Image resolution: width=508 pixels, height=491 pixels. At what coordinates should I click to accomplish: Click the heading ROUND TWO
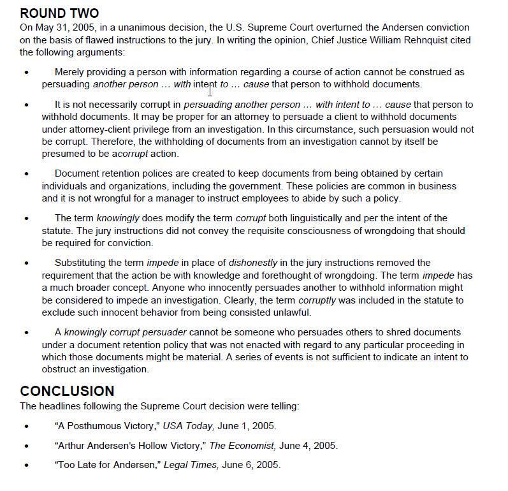click(59, 13)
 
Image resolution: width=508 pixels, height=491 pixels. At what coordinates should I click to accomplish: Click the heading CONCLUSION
click(67, 391)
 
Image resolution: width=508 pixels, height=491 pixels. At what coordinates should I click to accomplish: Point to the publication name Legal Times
click(191, 465)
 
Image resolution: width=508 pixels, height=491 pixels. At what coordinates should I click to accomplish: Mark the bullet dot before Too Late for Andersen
click(26, 465)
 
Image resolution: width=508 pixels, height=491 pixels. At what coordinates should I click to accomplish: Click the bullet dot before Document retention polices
click(26, 174)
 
